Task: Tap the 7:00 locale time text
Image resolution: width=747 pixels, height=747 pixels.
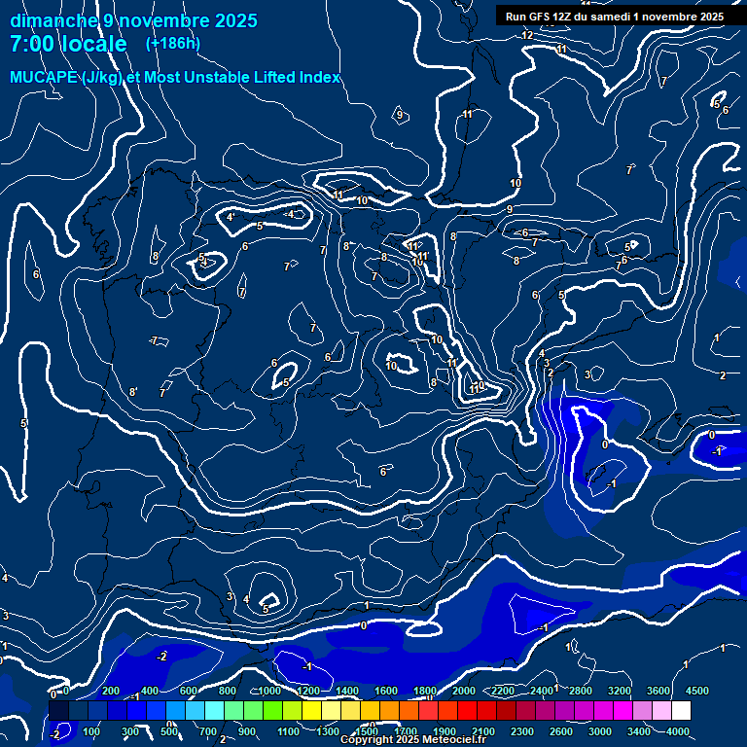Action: [68, 45]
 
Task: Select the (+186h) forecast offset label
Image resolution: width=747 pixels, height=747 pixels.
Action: [172, 44]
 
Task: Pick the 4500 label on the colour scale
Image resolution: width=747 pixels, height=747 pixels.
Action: [696, 691]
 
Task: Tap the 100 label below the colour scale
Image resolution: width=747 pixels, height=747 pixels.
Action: [91, 731]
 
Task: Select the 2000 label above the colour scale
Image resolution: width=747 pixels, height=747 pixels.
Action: [464, 691]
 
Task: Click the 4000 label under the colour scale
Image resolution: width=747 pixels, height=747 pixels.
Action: [678, 731]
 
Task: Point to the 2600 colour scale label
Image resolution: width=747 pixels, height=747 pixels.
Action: [561, 731]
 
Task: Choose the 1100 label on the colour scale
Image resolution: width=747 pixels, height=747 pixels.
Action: [288, 731]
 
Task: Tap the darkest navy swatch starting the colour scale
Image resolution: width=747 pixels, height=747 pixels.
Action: [58, 711]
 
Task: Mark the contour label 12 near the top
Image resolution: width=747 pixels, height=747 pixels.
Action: [527, 36]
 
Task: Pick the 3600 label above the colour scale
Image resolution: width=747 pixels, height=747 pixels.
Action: [658, 691]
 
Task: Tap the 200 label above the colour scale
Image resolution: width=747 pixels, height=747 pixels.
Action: [111, 691]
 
